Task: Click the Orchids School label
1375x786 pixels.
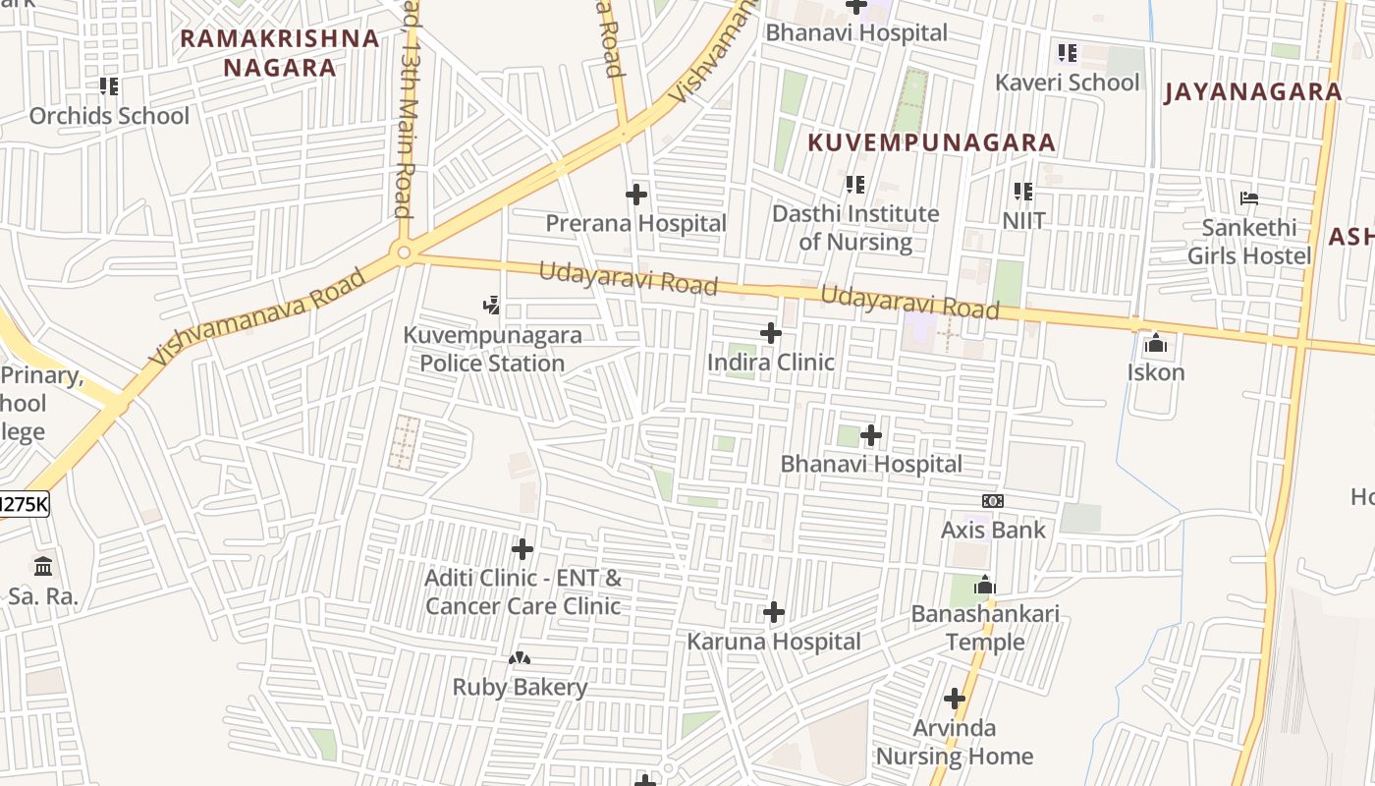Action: (109, 116)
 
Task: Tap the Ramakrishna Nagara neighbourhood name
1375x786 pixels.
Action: (280, 53)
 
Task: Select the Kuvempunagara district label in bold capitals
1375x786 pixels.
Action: (931, 142)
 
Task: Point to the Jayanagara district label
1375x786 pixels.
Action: (1252, 92)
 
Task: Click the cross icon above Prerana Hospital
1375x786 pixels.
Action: (636, 195)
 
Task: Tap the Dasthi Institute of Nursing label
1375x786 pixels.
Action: (855, 227)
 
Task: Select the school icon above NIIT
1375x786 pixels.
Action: (1023, 192)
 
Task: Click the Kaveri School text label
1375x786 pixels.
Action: (1068, 83)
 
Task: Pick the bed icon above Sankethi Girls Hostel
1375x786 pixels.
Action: (1249, 198)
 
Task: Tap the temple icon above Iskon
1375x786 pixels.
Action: (1156, 344)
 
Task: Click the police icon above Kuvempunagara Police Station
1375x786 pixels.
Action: (492, 307)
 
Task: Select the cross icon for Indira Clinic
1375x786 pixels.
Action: (771, 334)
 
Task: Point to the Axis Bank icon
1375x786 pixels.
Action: (993, 501)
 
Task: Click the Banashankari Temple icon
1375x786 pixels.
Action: (985, 586)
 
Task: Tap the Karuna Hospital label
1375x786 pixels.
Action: (774, 642)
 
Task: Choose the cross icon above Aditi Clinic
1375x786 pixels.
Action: (522, 549)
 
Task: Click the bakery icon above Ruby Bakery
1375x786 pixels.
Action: (520, 658)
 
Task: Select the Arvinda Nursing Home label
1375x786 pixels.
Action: (954, 742)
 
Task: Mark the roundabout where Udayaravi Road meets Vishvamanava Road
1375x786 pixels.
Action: (404, 253)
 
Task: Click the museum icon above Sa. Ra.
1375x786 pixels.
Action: (43, 567)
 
